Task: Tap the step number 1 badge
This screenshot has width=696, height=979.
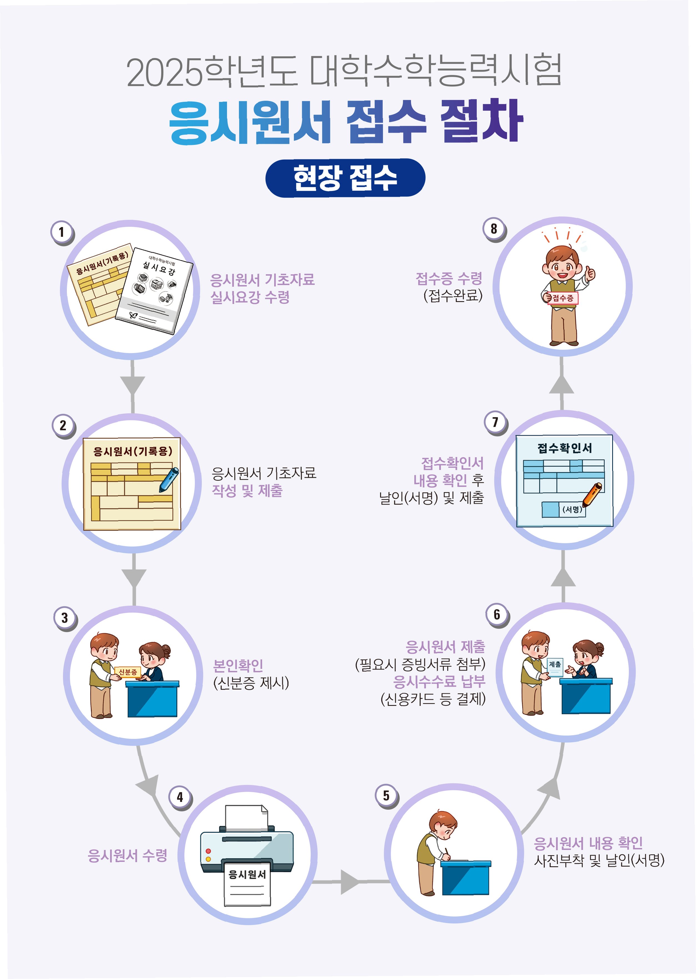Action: point(62,232)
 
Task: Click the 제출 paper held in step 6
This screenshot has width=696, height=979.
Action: point(555,667)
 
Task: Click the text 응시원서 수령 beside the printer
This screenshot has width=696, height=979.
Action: point(127,856)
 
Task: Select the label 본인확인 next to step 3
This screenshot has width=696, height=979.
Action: point(238,666)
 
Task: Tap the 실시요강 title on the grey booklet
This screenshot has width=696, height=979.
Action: point(159,269)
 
